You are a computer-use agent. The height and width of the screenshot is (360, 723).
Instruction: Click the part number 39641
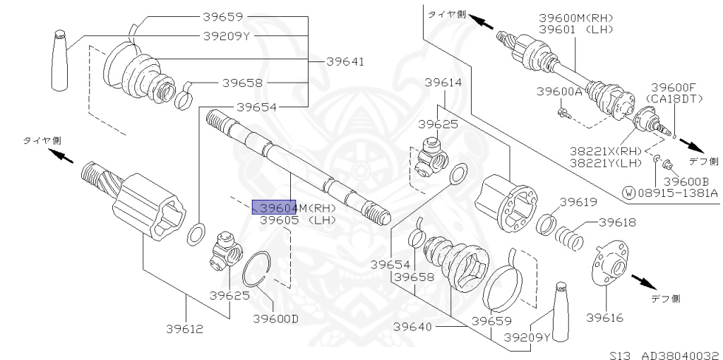[x=345, y=61]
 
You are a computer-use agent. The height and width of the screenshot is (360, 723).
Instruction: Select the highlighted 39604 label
[x=274, y=208]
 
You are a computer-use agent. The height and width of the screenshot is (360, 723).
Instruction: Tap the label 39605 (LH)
[x=298, y=220]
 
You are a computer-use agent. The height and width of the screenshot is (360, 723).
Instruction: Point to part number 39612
[x=185, y=329]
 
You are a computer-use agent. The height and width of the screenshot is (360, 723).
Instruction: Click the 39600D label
[x=276, y=318]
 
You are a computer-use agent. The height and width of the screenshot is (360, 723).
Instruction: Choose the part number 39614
[x=443, y=83]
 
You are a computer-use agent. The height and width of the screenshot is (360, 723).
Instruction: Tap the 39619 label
[x=579, y=202]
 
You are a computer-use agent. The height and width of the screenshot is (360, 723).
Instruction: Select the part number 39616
[x=604, y=318]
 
